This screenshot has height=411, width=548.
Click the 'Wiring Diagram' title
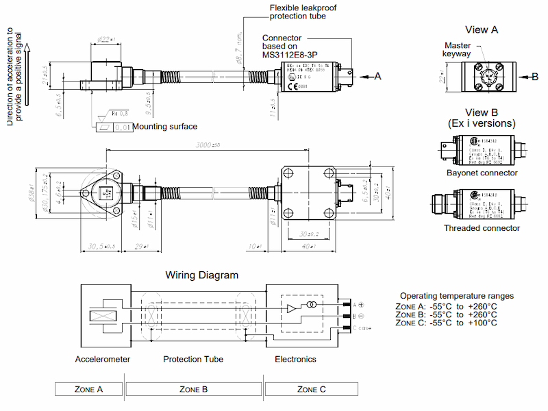(202, 275)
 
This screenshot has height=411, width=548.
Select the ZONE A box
(88, 389)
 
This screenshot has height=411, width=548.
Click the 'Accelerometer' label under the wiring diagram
(103, 359)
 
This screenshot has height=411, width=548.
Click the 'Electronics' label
(296, 359)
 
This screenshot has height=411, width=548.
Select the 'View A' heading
(481, 29)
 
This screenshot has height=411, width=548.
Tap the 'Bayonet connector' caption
(481, 173)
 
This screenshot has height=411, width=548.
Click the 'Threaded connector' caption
(482, 228)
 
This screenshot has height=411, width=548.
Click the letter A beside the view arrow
(377, 77)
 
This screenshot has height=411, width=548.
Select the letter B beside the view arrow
(535, 77)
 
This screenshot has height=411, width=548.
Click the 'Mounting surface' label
(165, 126)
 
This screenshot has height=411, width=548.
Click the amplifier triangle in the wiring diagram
(292, 308)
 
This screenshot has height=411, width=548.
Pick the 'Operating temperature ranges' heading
(457, 295)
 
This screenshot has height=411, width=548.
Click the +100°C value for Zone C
(483, 323)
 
